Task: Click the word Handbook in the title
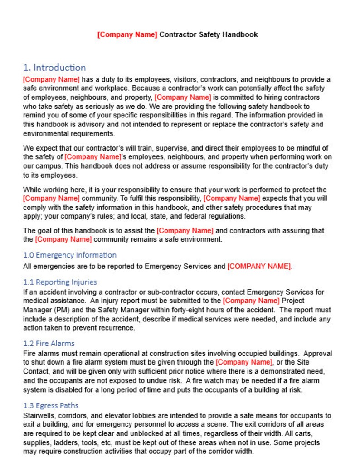(240, 34)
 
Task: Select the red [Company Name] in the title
(127, 34)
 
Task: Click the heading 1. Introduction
(54, 68)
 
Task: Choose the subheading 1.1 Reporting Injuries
(60, 282)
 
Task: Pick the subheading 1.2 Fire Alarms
(49, 343)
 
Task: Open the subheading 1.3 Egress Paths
(51, 405)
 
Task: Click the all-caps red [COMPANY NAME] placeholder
(259, 267)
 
